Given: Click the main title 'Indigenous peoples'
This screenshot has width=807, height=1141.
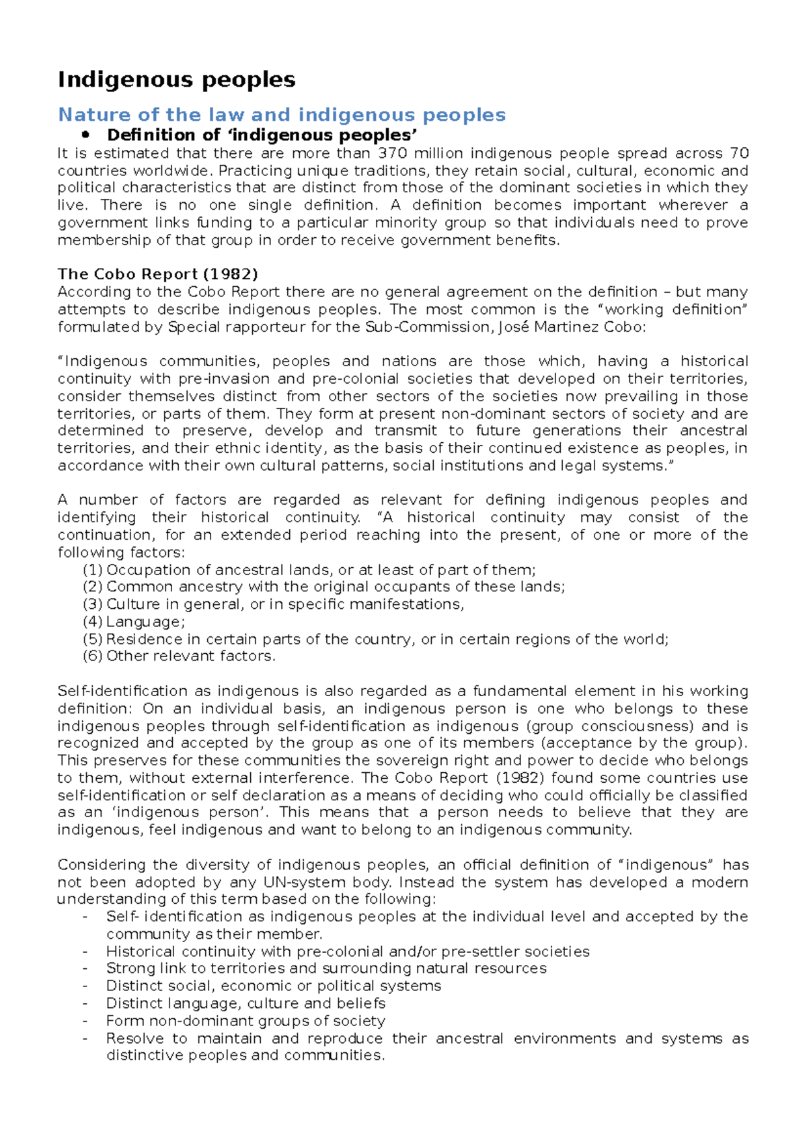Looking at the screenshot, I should tap(176, 80).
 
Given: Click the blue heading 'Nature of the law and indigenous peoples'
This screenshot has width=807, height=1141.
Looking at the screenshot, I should tap(282, 115).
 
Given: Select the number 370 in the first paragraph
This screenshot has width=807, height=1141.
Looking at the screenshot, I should tap(393, 154).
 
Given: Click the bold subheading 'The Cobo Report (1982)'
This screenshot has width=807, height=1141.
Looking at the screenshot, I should tap(157, 274).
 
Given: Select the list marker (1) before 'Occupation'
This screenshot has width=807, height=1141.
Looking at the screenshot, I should tap(93, 570).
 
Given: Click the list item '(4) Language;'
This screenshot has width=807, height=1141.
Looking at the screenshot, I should tap(134, 622).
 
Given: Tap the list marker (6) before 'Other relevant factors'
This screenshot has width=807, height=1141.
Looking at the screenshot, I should tap(93, 657).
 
